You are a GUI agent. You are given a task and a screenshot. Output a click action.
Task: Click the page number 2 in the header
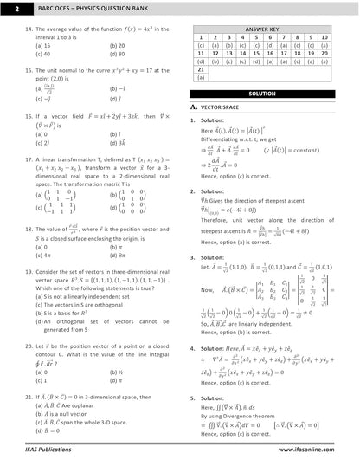click(8, 10)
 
